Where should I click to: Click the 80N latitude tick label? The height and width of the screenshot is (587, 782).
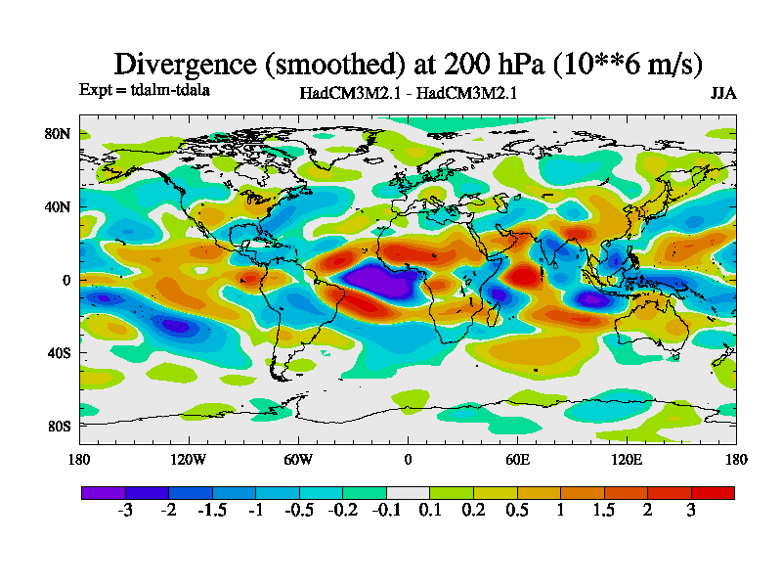coord(60,134)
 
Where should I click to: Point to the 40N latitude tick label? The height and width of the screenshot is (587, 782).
coord(60,207)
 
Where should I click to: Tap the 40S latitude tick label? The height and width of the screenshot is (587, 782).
coord(60,353)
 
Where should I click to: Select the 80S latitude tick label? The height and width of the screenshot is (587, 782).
coord(60,427)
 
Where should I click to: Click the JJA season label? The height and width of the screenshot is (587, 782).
coord(723,94)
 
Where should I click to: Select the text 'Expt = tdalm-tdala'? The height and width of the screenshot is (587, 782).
coord(145,90)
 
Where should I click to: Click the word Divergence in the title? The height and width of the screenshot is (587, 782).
coord(187,64)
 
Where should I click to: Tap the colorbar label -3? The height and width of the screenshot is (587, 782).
coord(125,511)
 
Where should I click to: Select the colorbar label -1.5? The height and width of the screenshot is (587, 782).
coord(212,511)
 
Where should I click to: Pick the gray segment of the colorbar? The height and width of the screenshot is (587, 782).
coord(408,492)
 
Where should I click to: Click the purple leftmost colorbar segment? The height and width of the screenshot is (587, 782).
coord(103,492)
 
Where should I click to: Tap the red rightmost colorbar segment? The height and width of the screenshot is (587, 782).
coord(713,492)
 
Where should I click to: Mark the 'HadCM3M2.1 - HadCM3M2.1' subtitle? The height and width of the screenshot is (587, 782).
coord(408,94)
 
